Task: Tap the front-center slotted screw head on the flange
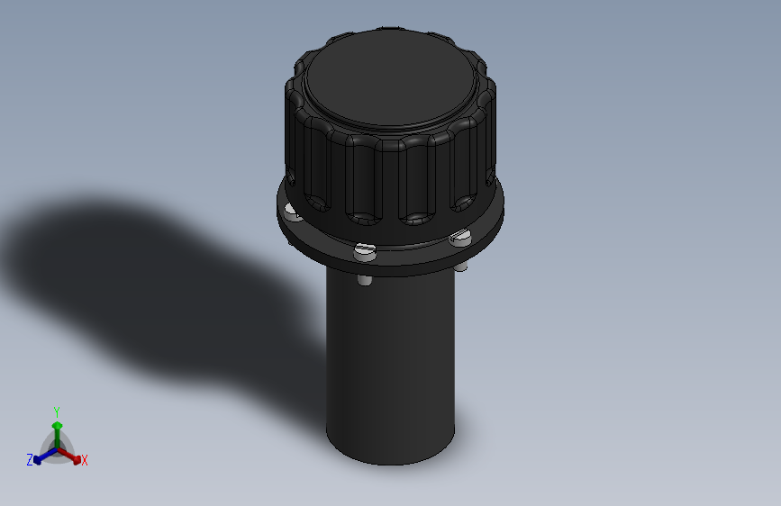click(364, 251)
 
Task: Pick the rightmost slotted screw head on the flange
click(459, 239)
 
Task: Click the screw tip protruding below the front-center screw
click(364, 280)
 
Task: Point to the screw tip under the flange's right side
click(461, 267)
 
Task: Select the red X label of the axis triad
click(85, 460)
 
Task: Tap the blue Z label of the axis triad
click(30, 459)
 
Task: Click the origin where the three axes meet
click(57, 448)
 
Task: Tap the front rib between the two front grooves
click(390, 180)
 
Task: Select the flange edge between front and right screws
click(414, 253)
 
